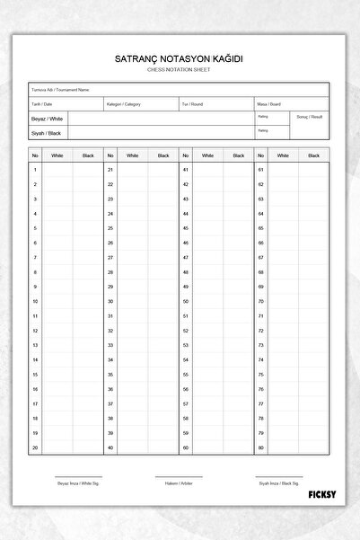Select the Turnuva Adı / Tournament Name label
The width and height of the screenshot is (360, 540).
59,90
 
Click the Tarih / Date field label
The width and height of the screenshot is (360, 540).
42,104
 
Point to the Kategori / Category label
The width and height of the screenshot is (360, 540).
124,104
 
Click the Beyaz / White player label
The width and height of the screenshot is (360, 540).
48,119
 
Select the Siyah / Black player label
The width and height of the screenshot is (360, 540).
47,133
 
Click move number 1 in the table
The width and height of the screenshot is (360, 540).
35,169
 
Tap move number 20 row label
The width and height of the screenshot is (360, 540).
35,447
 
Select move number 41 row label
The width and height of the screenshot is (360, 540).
186,169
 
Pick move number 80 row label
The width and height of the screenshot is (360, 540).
261,447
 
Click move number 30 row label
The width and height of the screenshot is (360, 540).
110,301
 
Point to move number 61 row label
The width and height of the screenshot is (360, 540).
261,169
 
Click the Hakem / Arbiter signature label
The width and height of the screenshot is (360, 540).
180,483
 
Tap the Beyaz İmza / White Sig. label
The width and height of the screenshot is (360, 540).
79,483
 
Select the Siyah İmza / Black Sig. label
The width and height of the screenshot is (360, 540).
279,483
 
